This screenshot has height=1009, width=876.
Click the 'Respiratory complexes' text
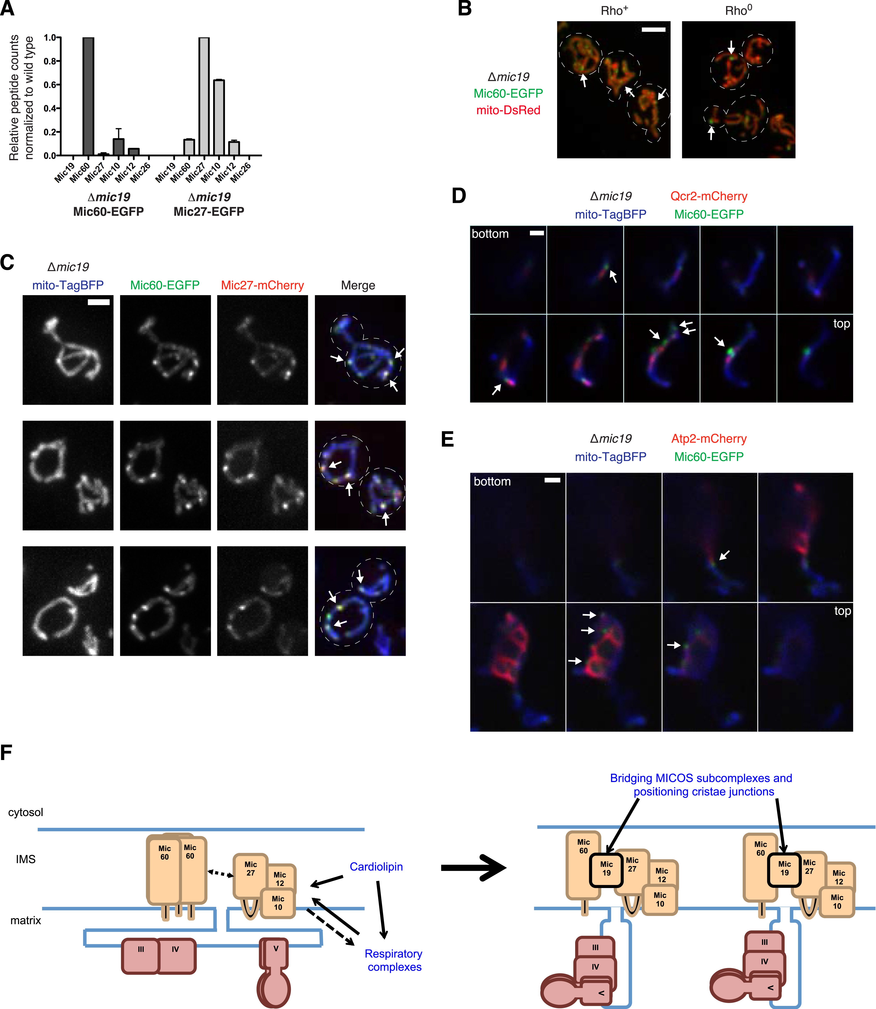click(x=394, y=960)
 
